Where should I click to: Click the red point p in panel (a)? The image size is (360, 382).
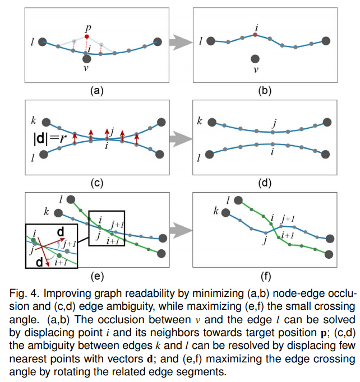click(86, 36)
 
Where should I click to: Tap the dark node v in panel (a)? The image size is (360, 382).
click(86, 58)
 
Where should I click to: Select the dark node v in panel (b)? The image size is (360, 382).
click(255, 58)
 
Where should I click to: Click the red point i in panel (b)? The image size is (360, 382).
click(255, 35)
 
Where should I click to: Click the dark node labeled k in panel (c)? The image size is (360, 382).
click(47, 122)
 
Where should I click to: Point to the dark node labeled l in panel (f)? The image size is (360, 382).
click(239, 199)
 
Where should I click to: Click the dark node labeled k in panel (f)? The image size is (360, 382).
click(227, 212)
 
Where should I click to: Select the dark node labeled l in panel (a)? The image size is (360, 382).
click(45, 41)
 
